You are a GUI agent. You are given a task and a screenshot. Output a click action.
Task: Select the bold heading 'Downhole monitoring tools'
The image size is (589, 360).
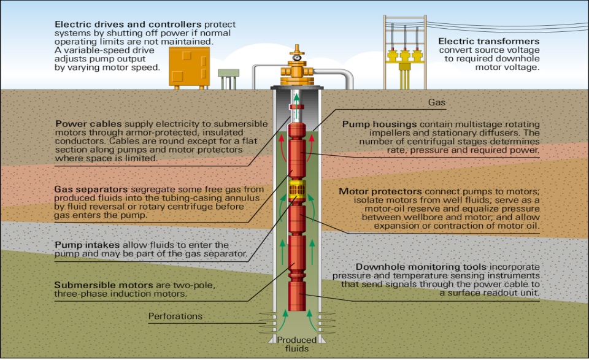(422, 267)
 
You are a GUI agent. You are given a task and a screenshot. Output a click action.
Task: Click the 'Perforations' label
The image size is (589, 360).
(175, 316)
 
